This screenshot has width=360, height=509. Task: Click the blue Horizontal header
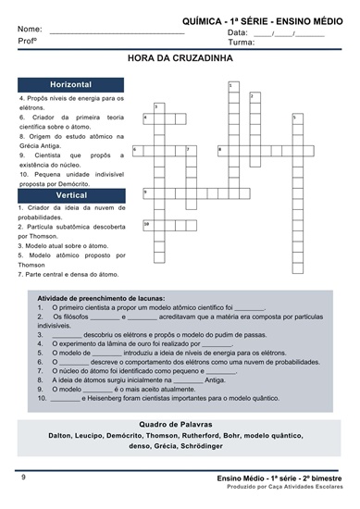[70, 85]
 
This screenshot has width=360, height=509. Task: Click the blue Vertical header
[71, 195]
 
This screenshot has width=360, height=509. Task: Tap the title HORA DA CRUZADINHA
[180, 58]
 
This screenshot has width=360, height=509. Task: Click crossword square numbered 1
[234, 87]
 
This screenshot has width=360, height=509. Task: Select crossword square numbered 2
[255, 98]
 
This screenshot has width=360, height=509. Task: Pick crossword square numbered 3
[159, 108]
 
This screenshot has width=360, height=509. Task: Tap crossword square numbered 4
[149, 119]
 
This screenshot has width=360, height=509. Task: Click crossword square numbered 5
[298, 119]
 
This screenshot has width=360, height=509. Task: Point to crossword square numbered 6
[138, 151]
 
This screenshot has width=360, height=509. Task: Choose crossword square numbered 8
[223, 151]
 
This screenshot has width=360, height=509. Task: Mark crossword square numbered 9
[149, 193]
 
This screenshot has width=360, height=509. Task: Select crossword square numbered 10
[149, 225]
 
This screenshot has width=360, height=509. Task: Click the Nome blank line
[118, 33]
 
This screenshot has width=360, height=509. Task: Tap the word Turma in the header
[240, 43]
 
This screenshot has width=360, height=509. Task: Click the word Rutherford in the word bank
[200, 435]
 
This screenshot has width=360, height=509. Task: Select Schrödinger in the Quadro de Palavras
[202, 446]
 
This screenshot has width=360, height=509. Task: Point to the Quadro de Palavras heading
[176, 424]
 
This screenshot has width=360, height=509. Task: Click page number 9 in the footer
[23, 478]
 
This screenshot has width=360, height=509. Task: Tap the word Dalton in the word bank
[60, 436]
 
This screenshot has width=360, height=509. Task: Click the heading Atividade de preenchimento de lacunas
[101, 298]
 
